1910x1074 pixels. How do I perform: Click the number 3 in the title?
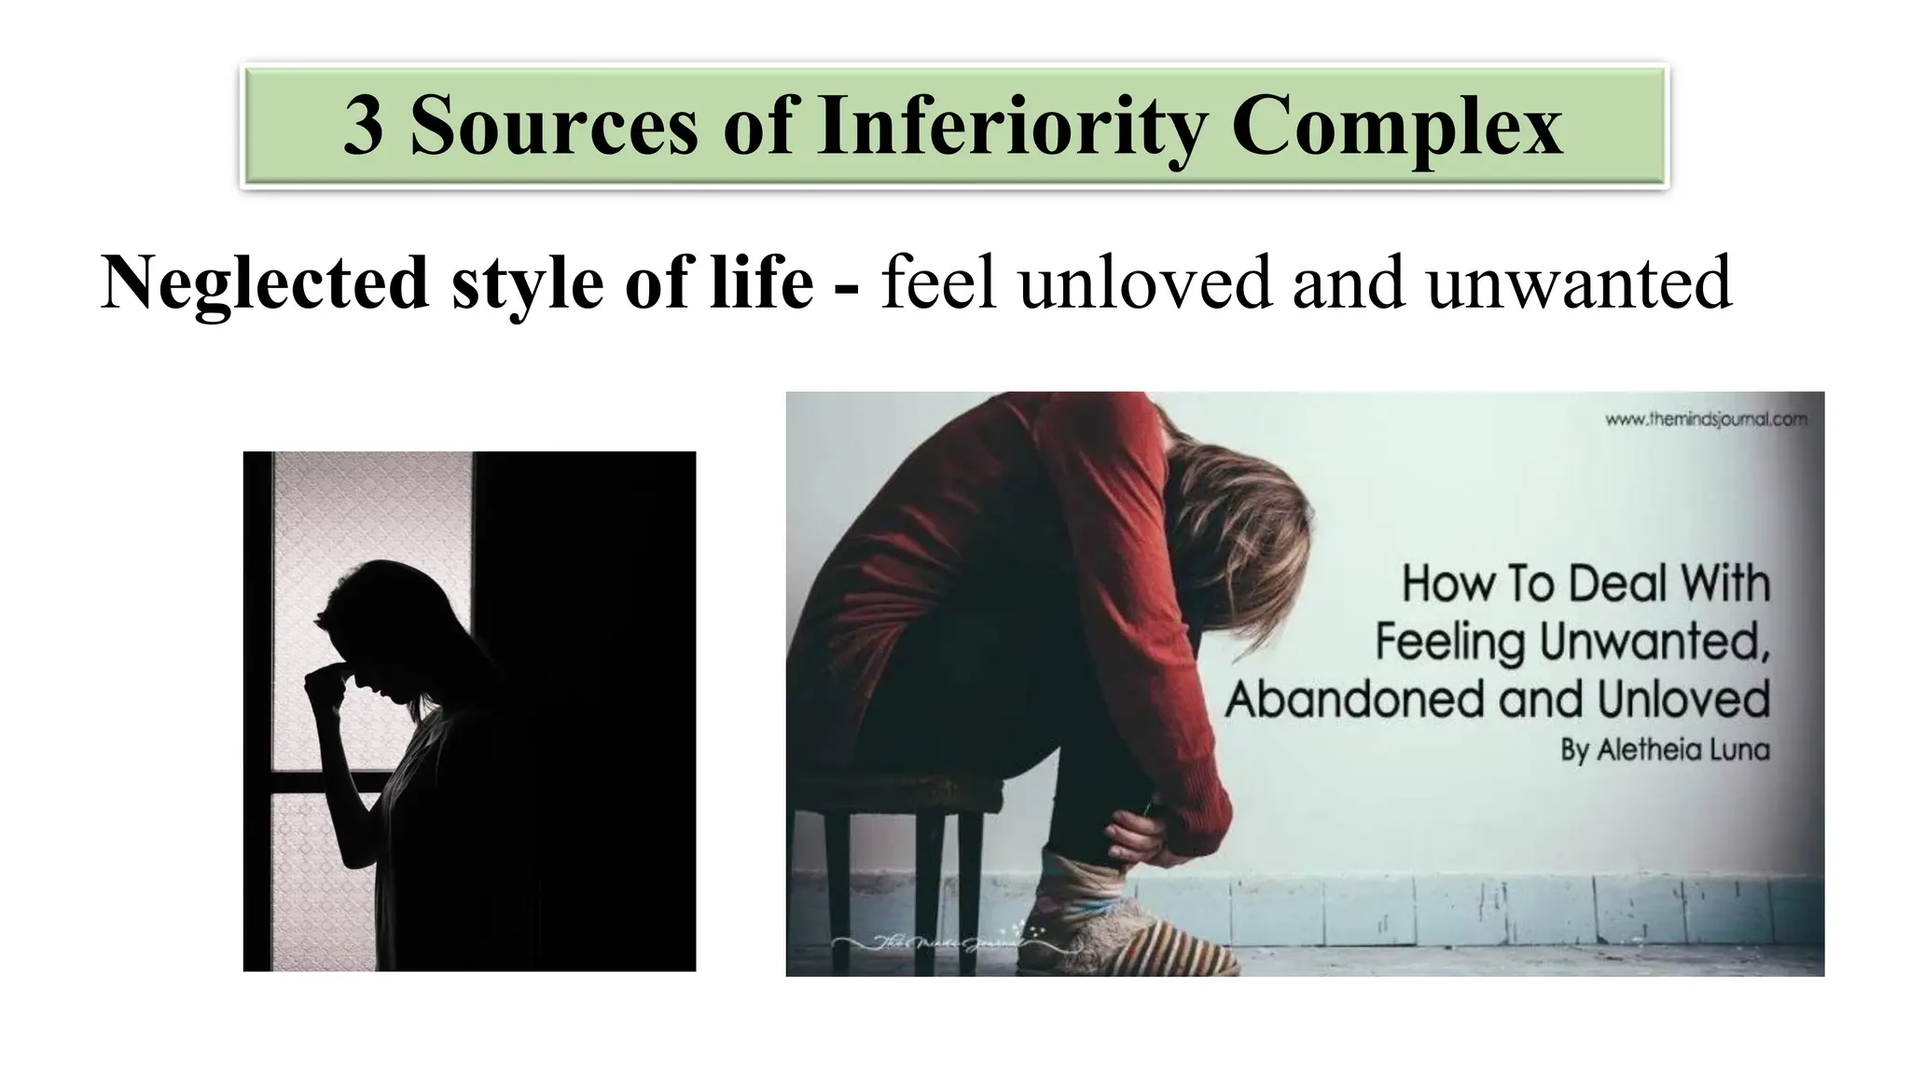[364, 126]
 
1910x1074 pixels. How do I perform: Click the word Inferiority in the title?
[1011, 126]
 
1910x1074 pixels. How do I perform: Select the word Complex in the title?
[1396, 126]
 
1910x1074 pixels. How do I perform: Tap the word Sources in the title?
[554, 126]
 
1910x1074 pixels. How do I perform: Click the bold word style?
[528, 283]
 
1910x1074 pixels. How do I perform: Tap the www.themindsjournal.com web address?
[1706, 420]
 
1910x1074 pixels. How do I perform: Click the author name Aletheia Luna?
[1665, 750]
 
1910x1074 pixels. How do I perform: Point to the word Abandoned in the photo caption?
[1357, 699]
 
